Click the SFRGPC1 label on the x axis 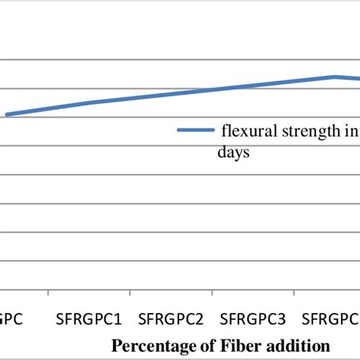(x=90, y=315)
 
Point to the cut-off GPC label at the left (x=11, y=315)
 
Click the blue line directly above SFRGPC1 (x=90, y=103)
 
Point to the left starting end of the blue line (x=6, y=115)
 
